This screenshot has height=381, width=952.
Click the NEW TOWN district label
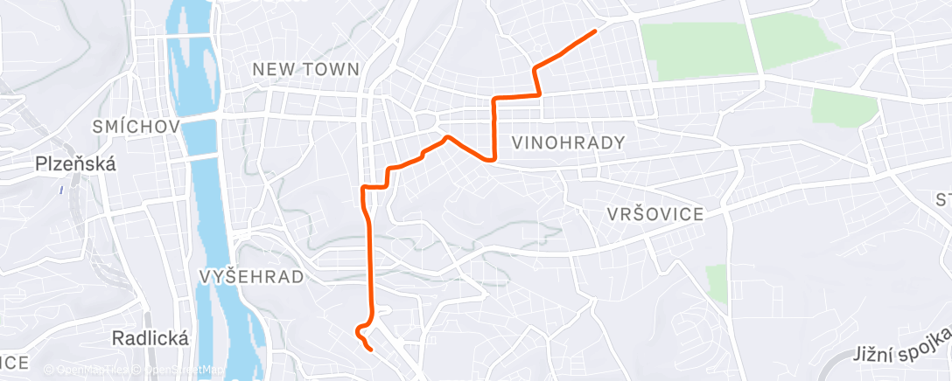(305, 68)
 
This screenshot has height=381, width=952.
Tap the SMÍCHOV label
(136, 128)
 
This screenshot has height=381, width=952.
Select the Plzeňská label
(76, 163)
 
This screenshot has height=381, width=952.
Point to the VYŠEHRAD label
(251, 277)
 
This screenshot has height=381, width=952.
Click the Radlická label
(150, 339)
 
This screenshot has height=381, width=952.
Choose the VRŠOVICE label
(655, 215)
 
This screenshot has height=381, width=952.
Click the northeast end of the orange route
(595, 31)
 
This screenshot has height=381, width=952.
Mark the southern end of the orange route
(372, 350)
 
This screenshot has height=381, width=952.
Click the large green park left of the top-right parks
(697, 48)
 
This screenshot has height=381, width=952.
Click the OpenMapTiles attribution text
(87, 370)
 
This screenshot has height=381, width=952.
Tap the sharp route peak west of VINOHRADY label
(447, 137)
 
